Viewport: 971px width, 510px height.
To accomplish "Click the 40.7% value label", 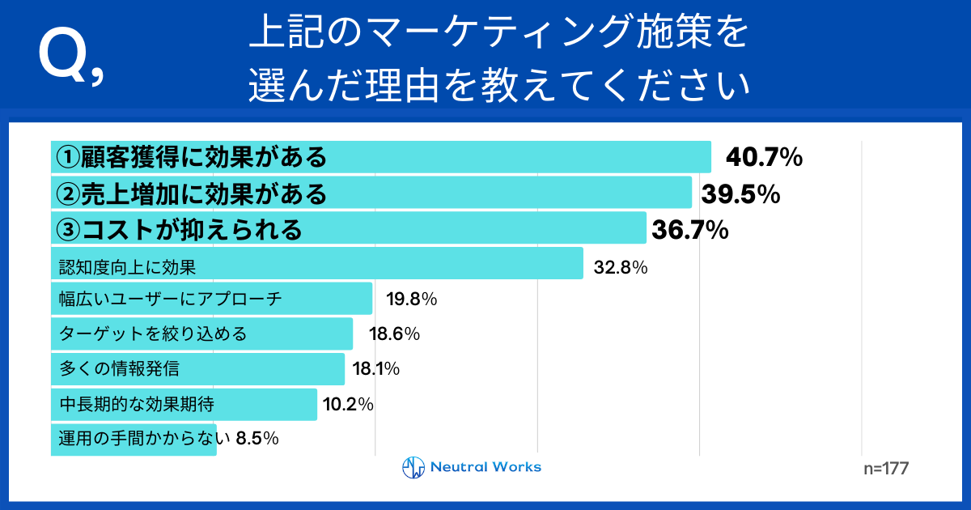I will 763,158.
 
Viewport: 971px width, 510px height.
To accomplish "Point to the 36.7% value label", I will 690,231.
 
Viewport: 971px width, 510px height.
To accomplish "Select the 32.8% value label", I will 620,266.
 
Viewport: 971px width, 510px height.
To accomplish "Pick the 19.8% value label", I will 411,300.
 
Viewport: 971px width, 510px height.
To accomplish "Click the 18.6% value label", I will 394,334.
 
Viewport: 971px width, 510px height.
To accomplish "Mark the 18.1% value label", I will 376,370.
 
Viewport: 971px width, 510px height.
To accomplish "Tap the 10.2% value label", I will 348,404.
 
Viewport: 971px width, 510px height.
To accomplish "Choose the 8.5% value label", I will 257,439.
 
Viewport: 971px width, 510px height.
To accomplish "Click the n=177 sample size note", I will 887,469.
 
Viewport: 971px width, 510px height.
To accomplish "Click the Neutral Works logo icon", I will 413,467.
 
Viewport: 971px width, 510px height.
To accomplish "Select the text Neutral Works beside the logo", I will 485,467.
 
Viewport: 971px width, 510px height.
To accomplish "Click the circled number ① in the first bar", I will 66,157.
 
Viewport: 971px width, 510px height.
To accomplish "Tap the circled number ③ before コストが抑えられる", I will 66,230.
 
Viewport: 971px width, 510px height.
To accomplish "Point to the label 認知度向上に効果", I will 128,266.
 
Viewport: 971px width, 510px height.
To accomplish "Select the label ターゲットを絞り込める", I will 152,334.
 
